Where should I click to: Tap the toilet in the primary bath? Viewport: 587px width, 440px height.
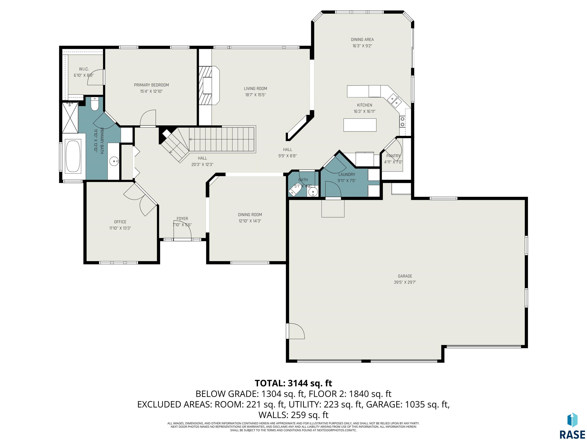(94, 104)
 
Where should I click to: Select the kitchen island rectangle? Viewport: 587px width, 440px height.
(360, 125)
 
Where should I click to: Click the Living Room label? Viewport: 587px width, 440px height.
(255, 89)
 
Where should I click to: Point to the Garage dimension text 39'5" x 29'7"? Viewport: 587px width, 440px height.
(405, 282)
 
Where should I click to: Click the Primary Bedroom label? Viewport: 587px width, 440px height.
(151, 85)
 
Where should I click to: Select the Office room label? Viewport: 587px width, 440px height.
(120, 222)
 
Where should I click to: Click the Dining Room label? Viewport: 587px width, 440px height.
(250, 215)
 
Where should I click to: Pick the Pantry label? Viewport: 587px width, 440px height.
(393, 156)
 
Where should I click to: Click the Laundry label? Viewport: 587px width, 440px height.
(347, 175)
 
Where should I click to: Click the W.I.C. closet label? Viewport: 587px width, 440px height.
(84, 69)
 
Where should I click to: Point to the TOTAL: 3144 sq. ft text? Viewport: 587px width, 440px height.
(293, 383)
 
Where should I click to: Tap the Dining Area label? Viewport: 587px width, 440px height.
(362, 40)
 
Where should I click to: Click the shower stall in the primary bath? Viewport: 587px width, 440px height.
(70, 117)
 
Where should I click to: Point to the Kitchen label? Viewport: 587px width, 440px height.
(364, 105)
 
